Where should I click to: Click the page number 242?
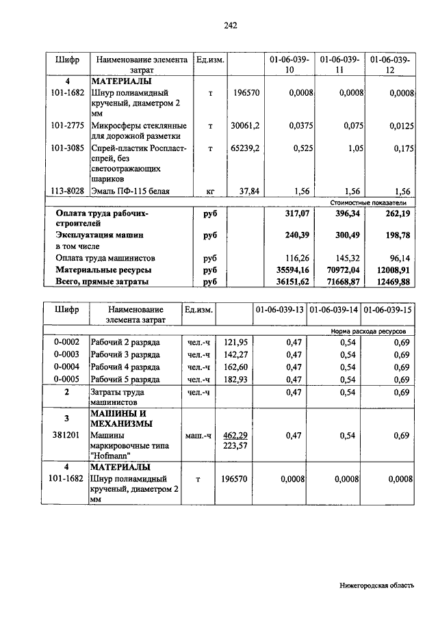tap(230, 26)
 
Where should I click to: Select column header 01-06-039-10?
tap(289, 65)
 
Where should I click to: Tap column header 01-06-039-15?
tap(388, 311)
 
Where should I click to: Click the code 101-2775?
tap(67, 126)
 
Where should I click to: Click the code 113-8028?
tap(67, 191)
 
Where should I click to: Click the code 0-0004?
tap(66, 367)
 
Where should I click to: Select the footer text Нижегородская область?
tap(376, 585)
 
